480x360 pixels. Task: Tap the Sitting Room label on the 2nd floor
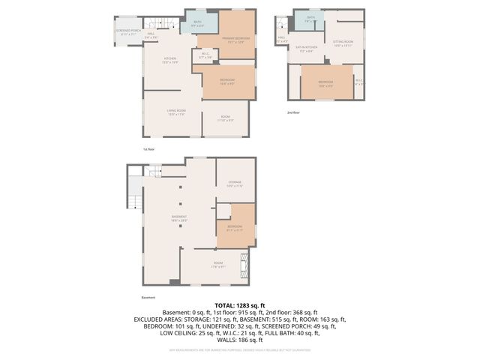(343, 43)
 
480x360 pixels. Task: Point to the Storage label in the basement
(235, 184)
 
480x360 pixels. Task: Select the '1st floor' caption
(148, 149)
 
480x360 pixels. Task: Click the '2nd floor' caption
(292, 112)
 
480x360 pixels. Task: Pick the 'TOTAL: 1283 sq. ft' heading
(239, 306)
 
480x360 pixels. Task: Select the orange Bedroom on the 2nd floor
(325, 83)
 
